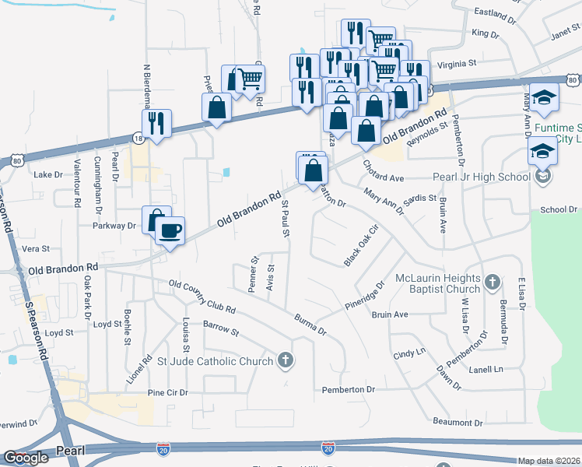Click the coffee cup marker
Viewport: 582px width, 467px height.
point(170,230)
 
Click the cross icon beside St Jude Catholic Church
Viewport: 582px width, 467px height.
point(286,360)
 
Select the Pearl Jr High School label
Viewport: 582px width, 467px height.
point(480,177)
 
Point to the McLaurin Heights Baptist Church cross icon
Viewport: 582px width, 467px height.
point(492,281)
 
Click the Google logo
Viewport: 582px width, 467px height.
point(26,458)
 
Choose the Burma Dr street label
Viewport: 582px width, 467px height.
point(310,325)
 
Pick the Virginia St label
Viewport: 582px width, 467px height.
point(457,64)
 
